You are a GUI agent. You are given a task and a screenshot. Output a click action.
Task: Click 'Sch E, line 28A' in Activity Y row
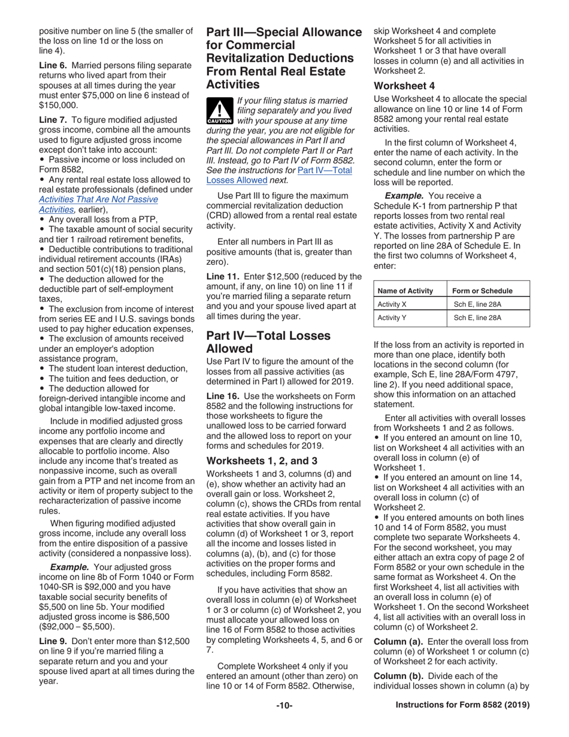tap(477, 318)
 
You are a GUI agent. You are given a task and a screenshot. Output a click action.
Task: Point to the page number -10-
tap(284, 706)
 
